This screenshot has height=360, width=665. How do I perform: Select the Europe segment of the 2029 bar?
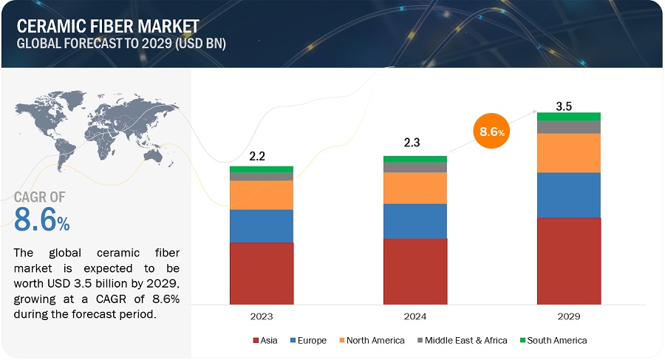point(569,194)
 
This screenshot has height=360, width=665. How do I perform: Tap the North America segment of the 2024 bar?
point(415,188)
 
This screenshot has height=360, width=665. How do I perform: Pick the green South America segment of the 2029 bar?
point(569,116)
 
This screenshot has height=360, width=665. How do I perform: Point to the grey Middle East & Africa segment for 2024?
point(415,167)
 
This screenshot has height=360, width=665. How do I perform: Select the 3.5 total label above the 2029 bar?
point(564,106)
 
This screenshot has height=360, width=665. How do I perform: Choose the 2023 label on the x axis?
point(262,316)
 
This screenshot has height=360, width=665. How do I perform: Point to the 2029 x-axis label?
point(569,316)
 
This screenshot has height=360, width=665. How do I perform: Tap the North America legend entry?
point(372,340)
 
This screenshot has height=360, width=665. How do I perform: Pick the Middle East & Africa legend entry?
point(463,340)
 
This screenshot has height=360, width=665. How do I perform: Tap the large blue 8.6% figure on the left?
point(42,219)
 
